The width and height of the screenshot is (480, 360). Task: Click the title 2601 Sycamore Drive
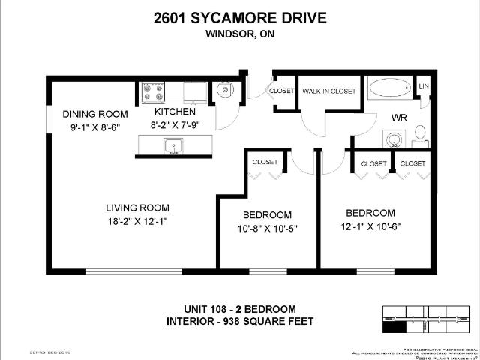point(240,17)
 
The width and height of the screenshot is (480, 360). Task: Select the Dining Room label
point(95,114)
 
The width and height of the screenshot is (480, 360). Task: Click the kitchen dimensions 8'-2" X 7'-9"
point(175,125)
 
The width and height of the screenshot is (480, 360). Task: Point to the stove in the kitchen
point(153,91)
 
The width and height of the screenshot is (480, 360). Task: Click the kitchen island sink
point(174,146)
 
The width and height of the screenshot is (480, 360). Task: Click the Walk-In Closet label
point(328,91)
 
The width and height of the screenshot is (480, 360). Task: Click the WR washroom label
point(398,118)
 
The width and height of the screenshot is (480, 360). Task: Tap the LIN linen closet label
point(424,87)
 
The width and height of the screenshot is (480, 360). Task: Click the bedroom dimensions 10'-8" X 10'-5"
point(268,229)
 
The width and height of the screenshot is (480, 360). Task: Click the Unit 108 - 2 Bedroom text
point(240,309)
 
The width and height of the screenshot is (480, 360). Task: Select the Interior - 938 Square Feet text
point(240,322)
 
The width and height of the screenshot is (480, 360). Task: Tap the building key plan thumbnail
point(424,318)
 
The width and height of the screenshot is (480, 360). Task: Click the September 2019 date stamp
point(49,352)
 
